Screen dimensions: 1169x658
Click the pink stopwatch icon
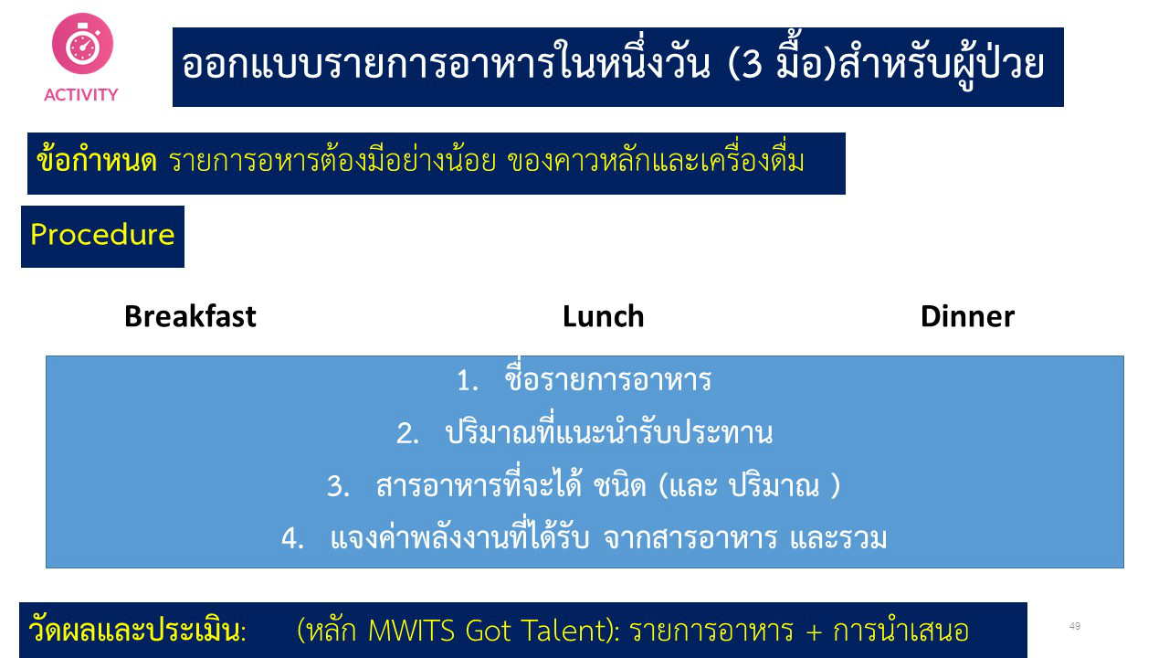pyautogui.click(x=82, y=43)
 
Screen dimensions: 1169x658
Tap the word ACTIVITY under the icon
pyautogui.click(x=81, y=95)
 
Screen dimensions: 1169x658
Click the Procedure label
pyautogui.click(x=102, y=235)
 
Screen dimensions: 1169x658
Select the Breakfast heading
pyautogui.click(x=191, y=316)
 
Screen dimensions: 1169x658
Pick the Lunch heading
pyautogui.click(x=604, y=316)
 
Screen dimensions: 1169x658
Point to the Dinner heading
pyautogui.click(x=967, y=316)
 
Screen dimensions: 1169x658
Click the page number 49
pyautogui.click(x=1075, y=626)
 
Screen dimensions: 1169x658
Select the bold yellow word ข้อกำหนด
pyautogui.click(x=97, y=160)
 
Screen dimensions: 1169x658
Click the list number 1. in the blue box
pyautogui.click(x=467, y=381)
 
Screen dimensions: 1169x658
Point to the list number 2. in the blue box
pyautogui.click(x=407, y=434)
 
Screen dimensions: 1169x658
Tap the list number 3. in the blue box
pyautogui.click(x=338, y=487)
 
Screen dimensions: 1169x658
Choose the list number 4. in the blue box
pyautogui.click(x=293, y=538)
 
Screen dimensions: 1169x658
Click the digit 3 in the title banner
pyautogui.click(x=751, y=65)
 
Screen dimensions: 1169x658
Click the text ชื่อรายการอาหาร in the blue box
pyautogui.click(x=608, y=377)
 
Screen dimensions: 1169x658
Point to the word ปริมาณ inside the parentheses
pyautogui.click(x=774, y=485)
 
